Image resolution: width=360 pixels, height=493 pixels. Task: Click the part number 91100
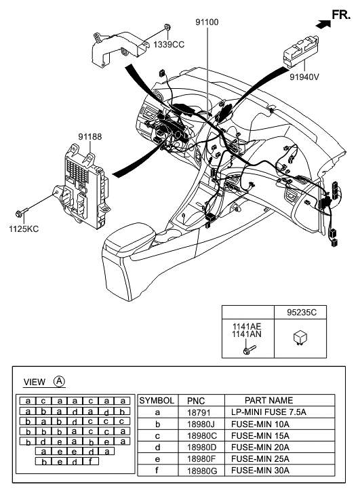[x=209, y=22]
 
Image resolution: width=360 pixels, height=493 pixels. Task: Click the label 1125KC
[x=24, y=229]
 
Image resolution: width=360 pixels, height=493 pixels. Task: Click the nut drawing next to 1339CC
[x=165, y=27]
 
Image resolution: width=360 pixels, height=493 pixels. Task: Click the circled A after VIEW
[x=60, y=382]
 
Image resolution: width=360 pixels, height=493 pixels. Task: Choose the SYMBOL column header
[x=157, y=401]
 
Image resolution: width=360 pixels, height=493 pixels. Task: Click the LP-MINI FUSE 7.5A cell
[x=268, y=412]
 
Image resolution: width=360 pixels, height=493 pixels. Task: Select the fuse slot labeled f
[x=89, y=461]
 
